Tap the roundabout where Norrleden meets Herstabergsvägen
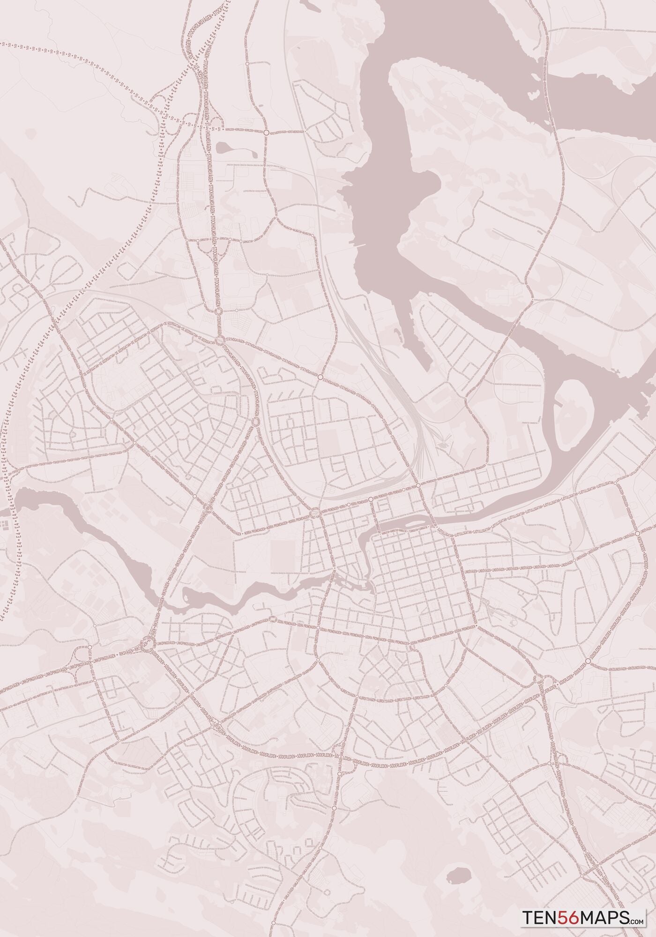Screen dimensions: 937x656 266,133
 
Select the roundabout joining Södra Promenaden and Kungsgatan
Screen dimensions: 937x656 318,661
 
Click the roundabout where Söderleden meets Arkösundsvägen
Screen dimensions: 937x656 587,661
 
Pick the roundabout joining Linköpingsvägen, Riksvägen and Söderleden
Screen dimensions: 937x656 148,644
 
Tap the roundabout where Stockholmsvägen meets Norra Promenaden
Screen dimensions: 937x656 315,512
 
